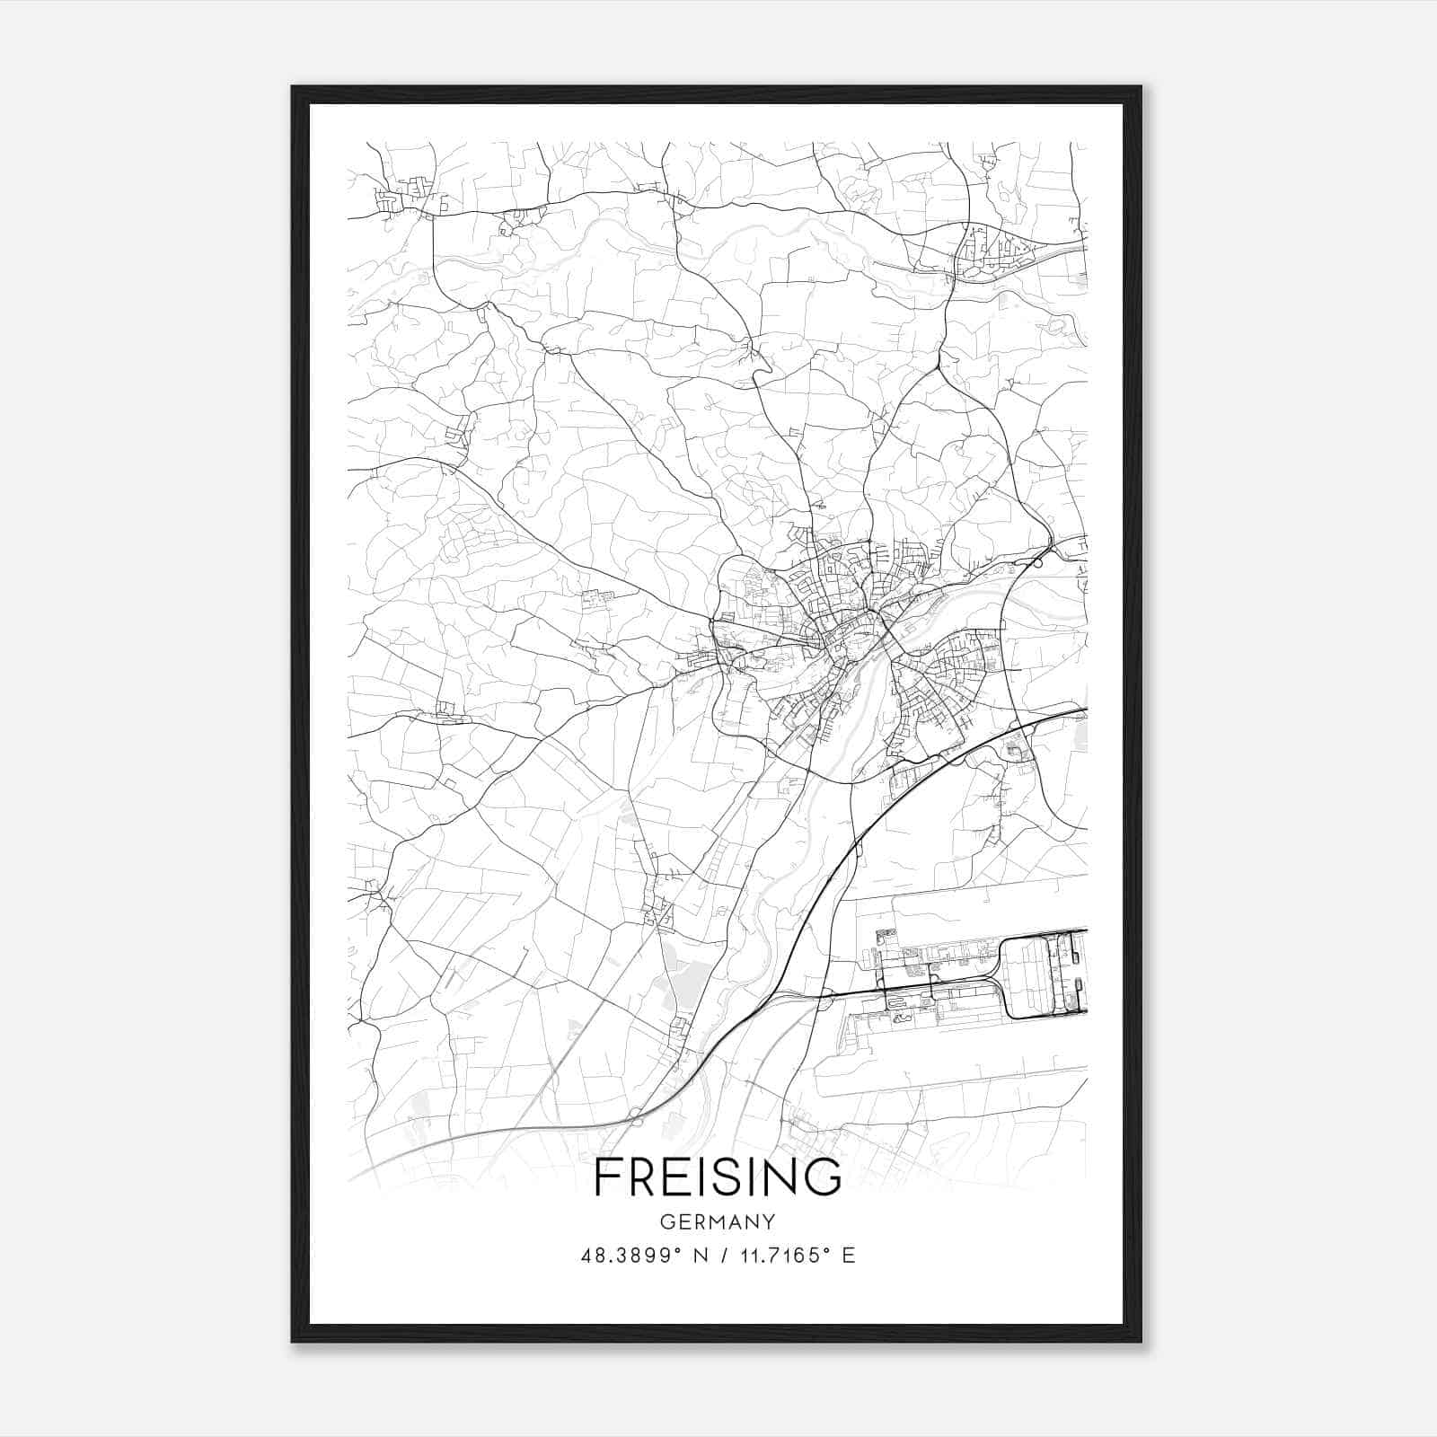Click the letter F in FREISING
point(608,1177)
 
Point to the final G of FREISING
point(822,1177)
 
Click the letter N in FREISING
point(780,1177)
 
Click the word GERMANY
point(718,1222)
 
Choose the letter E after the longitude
point(848,1256)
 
